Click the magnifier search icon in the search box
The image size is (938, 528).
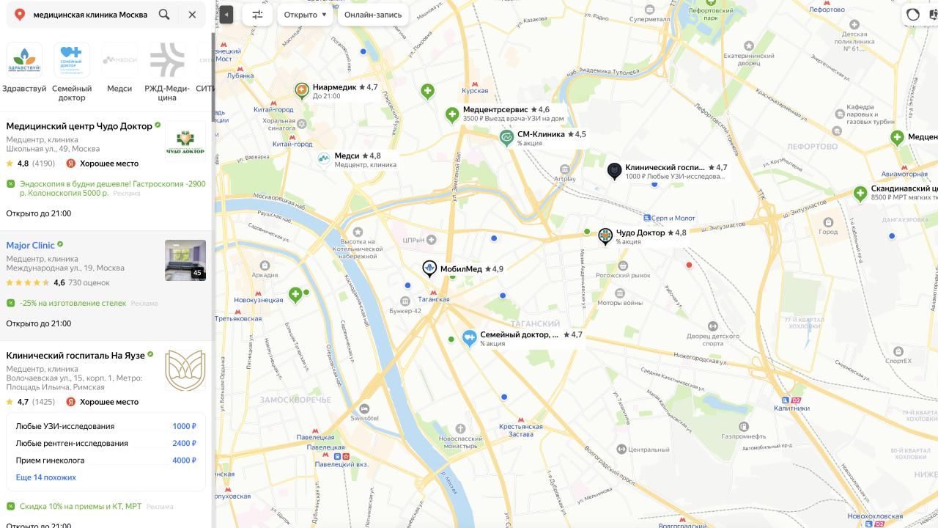point(164,15)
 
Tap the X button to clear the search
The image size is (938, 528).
point(192,15)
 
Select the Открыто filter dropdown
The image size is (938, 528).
point(305,15)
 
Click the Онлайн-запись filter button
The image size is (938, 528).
point(373,15)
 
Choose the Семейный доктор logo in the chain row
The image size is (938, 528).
point(72,61)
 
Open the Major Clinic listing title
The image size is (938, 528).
point(30,245)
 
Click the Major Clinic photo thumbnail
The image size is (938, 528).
point(185,260)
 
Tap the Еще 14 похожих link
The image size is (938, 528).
point(45,477)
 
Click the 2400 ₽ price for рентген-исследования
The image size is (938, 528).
point(184,443)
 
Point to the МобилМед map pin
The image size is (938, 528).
point(429,268)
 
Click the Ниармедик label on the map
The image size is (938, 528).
point(334,87)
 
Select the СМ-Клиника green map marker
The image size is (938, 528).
point(506,137)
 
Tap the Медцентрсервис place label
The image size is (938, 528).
point(495,109)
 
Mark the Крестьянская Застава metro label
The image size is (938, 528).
point(520,430)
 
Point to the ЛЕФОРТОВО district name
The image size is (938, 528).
point(812,147)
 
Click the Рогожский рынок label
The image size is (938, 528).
point(623,275)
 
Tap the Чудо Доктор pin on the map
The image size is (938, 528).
point(605,235)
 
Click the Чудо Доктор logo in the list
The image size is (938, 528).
point(185,139)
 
